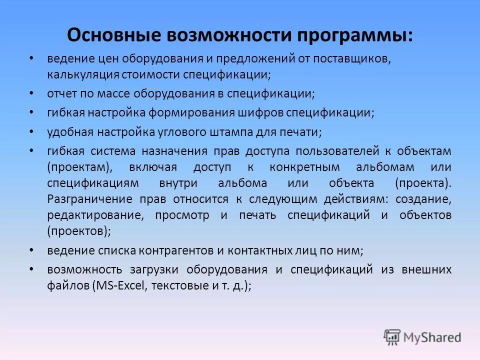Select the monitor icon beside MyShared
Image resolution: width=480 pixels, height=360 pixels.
392,336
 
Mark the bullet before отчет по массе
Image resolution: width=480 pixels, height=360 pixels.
31,93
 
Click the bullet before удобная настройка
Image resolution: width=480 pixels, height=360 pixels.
31,131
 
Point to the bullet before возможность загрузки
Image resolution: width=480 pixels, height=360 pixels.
31,269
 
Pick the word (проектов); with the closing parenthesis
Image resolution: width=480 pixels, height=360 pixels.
79,231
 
